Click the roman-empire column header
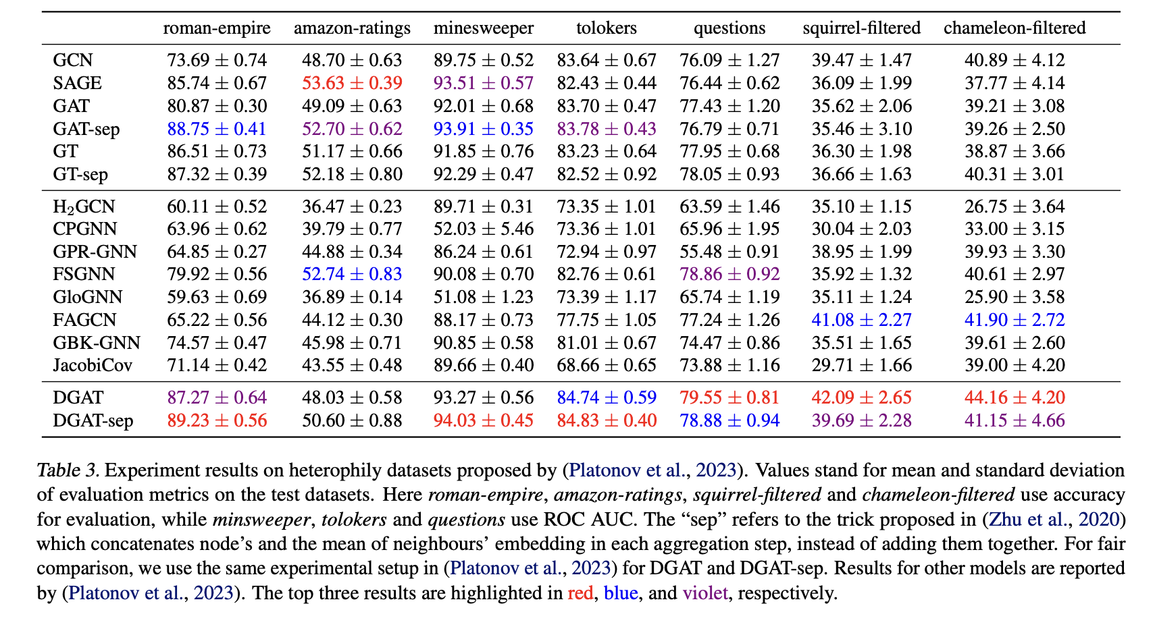(217, 28)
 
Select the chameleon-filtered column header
(1015, 28)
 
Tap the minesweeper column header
(484, 28)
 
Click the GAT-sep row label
(86, 129)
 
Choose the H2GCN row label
(84, 207)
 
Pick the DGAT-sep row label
(93, 421)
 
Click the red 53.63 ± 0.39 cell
(352, 84)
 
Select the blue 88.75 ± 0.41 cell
(217, 129)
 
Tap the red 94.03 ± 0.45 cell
(484, 421)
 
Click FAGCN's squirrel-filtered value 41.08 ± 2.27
(862, 321)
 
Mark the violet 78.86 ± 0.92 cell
(729, 275)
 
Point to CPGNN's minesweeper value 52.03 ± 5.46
(484, 229)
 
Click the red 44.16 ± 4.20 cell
(1015, 398)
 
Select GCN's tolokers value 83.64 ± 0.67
(607, 61)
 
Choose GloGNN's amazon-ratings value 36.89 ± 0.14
(352, 298)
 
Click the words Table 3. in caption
(68, 470)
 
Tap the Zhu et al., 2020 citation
(1054, 520)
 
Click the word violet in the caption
(705, 594)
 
